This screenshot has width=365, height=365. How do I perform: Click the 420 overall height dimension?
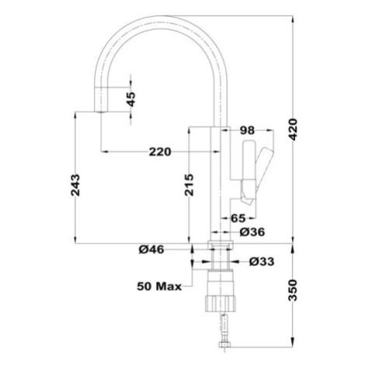click(x=293, y=129)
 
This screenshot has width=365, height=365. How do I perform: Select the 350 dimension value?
click(x=293, y=290)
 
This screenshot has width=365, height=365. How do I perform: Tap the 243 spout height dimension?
click(x=75, y=186)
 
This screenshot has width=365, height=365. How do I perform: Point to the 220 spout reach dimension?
click(x=160, y=151)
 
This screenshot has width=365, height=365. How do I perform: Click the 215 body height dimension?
click(x=189, y=185)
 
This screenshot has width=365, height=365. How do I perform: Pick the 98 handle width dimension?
click(x=247, y=130)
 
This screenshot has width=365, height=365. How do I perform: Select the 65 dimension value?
click(x=238, y=218)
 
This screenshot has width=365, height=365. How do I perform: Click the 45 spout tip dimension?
click(x=131, y=99)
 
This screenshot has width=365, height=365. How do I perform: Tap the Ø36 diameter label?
click(x=252, y=232)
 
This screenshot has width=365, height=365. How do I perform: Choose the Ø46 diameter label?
click(x=151, y=249)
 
